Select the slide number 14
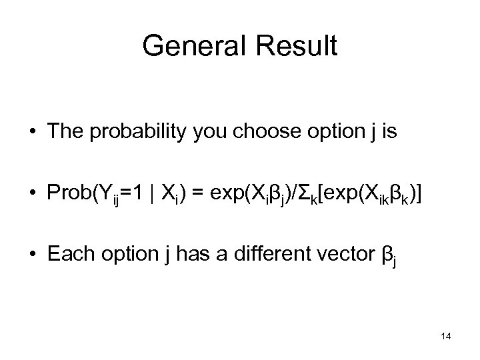tap(446, 337)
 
